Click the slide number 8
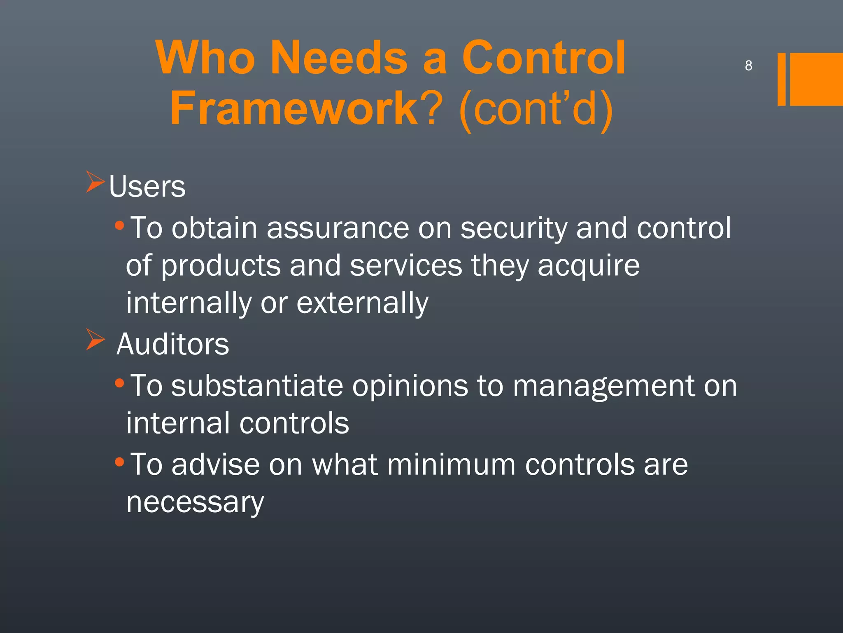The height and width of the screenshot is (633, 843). coord(748,66)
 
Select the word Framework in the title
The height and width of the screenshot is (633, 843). coord(294,108)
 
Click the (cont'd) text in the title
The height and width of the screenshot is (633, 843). coord(535,109)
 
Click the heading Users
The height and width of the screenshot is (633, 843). coord(147,187)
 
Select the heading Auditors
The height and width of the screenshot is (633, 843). coord(172,344)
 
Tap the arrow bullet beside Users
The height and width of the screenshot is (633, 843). coord(95,182)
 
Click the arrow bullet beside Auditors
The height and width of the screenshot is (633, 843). coord(95,339)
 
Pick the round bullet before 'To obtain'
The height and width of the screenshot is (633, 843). coord(119,225)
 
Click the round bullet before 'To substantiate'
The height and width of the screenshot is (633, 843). coord(119,383)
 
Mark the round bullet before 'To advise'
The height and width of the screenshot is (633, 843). coord(119,462)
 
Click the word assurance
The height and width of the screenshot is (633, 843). coord(338,228)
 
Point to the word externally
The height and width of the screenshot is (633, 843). coord(362,303)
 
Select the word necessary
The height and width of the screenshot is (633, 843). coord(195,503)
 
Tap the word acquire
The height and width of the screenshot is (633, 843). coord(589,266)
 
